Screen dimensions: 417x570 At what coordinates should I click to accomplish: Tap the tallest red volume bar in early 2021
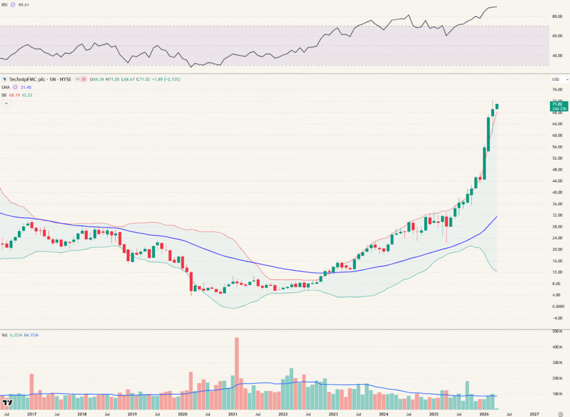pos(237,367)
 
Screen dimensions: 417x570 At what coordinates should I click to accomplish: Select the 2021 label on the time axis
pos(233,414)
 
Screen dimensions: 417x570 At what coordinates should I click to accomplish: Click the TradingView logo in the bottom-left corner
pos(8,402)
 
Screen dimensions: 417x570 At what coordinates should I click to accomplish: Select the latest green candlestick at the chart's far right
pos(497,106)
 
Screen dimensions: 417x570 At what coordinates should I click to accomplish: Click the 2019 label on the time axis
pos(132,414)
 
